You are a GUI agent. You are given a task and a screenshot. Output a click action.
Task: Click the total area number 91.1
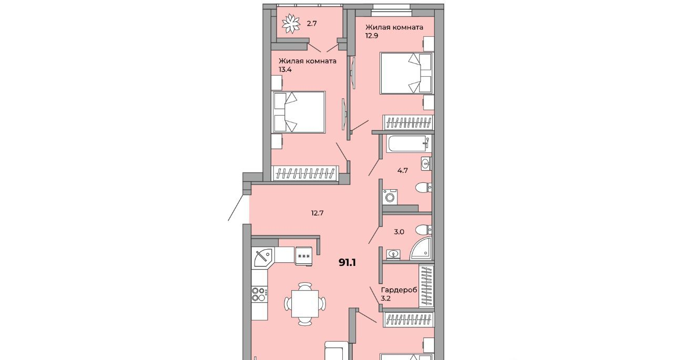(x=348, y=263)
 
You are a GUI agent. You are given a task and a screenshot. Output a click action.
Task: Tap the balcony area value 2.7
(x=312, y=24)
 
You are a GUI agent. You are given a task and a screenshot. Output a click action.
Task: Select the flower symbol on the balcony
(x=291, y=24)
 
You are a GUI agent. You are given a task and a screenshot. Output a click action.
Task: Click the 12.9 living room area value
(x=371, y=36)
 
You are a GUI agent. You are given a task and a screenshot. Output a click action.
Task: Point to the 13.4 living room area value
(x=285, y=70)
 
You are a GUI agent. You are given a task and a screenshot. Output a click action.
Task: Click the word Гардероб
(x=399, y=290)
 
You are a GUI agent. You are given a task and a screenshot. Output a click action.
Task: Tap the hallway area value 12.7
(x=317, y=213)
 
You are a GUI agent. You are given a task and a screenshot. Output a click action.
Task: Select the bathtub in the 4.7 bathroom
(x=409, y=144)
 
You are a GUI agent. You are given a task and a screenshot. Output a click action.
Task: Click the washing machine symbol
(x=390, y=197)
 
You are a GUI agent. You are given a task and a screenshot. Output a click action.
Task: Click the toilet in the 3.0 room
(x=424, y=230)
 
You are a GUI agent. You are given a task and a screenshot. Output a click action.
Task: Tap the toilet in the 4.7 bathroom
(x=424, y=188)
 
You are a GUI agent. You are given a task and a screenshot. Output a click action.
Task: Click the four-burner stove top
(x=260, y=294)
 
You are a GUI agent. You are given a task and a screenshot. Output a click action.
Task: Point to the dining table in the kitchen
(x=304, y=303)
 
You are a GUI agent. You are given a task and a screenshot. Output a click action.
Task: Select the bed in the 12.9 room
(x=407, y=73)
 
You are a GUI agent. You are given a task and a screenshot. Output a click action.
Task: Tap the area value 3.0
(x=399, y=232)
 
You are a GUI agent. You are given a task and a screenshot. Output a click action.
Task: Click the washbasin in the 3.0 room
(x=392, y=254)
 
